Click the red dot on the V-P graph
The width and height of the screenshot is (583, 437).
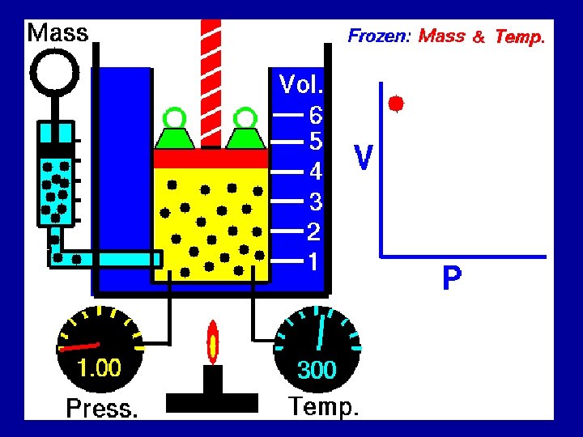tap(395, 104)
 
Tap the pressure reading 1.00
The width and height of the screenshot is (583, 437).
tap(99, 369)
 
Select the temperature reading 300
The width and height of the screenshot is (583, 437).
tap(317, 370)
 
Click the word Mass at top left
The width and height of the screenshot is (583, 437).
tap(57, 33)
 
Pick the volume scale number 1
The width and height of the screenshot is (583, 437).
tap(313, 261)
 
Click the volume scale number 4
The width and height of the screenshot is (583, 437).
tap(316, 172)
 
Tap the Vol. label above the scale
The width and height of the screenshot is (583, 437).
tap(301, 83)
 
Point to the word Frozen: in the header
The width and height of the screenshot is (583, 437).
tap(380, 36)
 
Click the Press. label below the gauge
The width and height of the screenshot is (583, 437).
tap(101, 408)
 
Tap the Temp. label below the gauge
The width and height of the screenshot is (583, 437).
tap(323, 406)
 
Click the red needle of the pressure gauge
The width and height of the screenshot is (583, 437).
tap(79, 346)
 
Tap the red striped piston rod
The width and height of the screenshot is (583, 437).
tap(211, 81)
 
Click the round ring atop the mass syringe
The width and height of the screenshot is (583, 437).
tap(53, 73)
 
